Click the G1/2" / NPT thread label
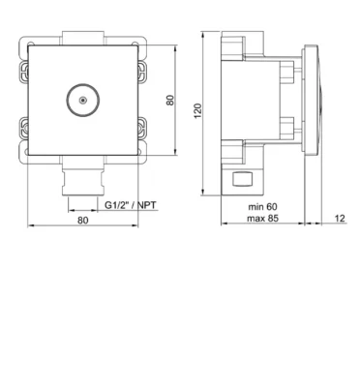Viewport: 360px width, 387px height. point(131,205)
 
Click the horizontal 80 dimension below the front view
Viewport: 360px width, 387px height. point(82,221)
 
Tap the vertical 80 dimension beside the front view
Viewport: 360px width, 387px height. point(170,100)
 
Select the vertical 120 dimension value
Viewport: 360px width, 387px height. point(197,110)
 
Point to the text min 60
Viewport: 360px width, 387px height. point(262,206)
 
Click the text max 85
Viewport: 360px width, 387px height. point(262,219)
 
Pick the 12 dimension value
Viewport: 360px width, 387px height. point(340,219)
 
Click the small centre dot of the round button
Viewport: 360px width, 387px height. point(83,101)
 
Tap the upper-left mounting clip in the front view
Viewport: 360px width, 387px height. point(24,72)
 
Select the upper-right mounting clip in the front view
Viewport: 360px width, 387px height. point(142,72)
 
